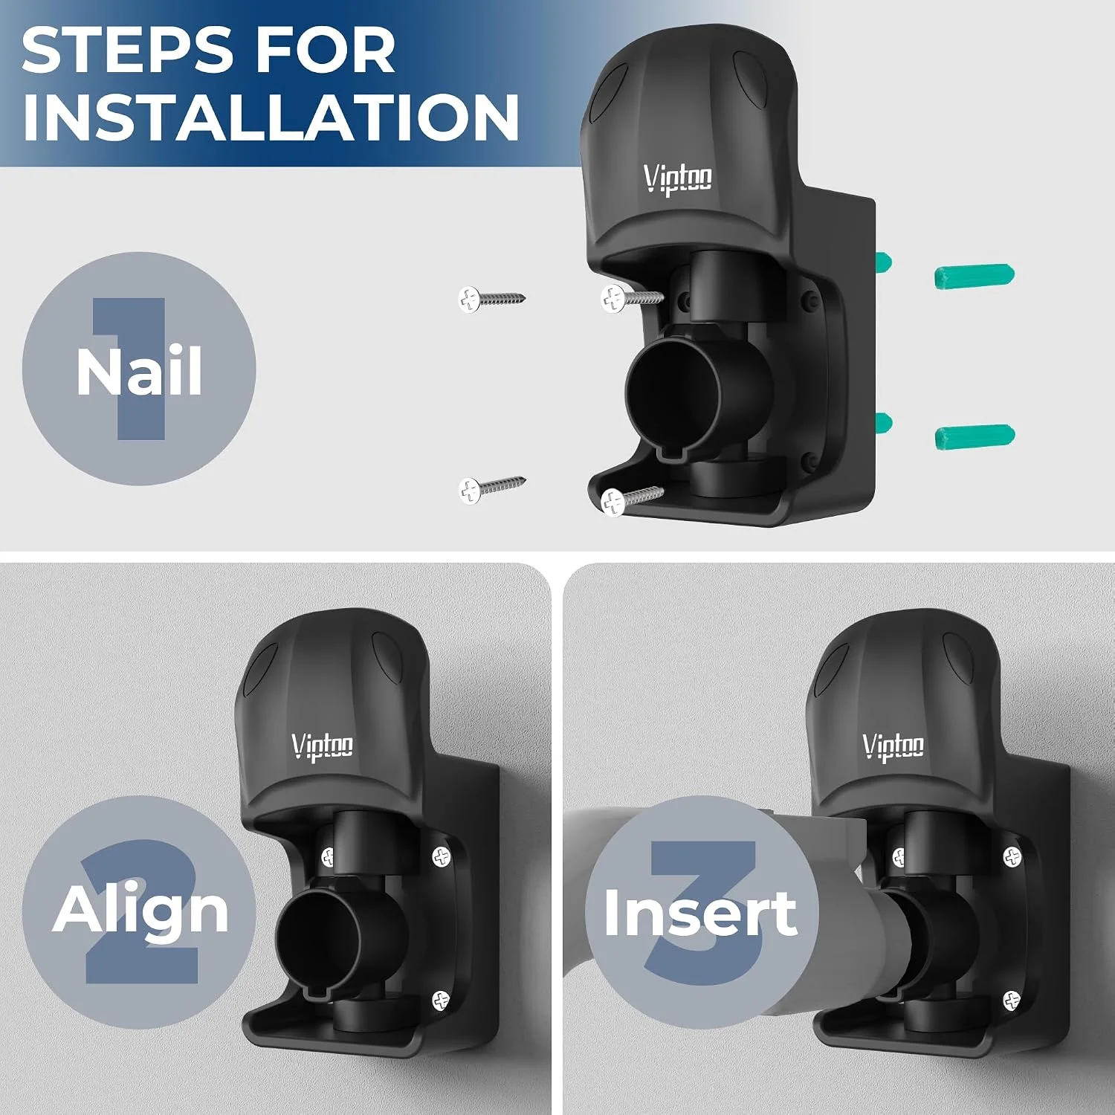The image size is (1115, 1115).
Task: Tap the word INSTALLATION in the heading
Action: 271,117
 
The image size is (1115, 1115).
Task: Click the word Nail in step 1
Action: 139,371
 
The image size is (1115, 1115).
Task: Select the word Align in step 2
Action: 140,911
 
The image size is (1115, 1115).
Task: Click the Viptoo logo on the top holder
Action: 677,178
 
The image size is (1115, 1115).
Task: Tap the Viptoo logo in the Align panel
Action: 322,746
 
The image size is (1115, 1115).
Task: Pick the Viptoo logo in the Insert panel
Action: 893,746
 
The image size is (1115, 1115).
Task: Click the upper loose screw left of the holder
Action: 491,299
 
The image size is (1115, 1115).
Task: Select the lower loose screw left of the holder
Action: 491,488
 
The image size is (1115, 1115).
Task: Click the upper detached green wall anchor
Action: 974,276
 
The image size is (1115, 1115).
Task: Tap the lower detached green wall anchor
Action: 975,436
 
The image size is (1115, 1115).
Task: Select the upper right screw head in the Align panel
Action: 442,857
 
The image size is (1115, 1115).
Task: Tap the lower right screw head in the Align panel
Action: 442,1000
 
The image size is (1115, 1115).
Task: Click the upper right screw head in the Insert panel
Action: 1013,857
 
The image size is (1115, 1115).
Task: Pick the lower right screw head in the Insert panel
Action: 1012,1001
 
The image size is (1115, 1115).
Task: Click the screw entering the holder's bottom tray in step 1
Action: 631,500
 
